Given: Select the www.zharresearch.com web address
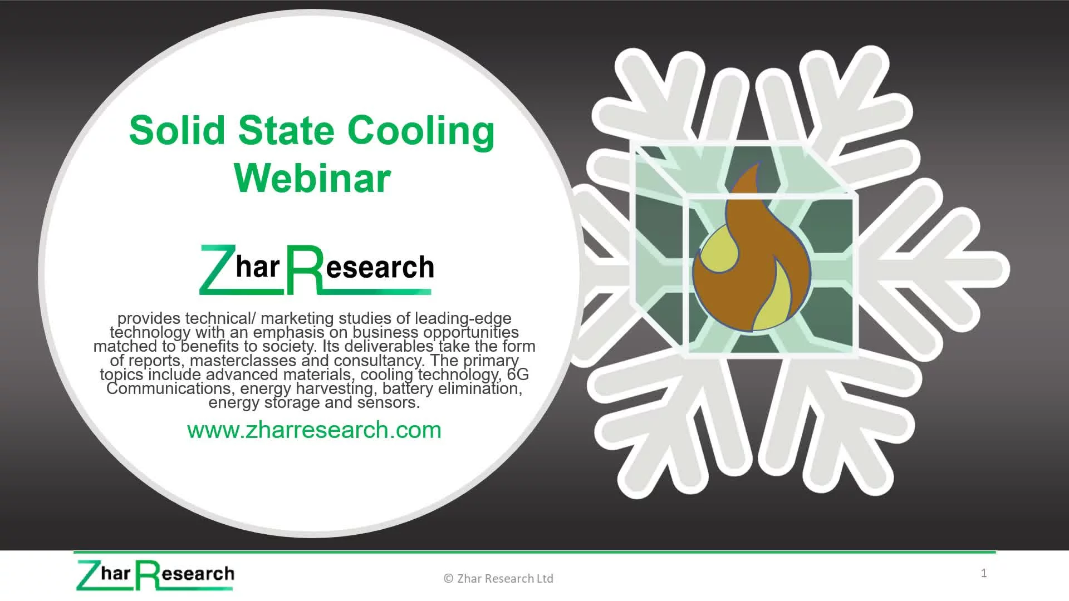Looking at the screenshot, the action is tap(314, 430).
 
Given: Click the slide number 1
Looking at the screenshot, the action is tap(984, 573).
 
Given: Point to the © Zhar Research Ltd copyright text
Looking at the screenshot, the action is tap(498, 579).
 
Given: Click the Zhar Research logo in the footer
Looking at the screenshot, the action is tap(155, 575).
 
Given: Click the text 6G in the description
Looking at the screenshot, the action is tap(518, 374).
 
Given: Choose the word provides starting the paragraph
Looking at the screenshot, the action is tap(149, 319).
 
